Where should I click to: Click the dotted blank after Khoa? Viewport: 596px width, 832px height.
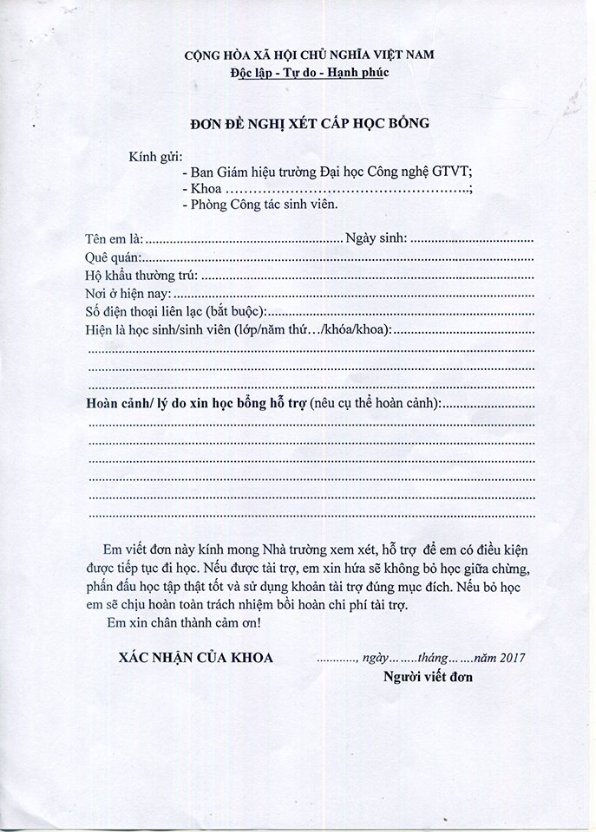[347, 189]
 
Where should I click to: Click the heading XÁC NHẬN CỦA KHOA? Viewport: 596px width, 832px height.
[196, 658]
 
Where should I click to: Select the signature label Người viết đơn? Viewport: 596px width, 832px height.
[429, 676]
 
